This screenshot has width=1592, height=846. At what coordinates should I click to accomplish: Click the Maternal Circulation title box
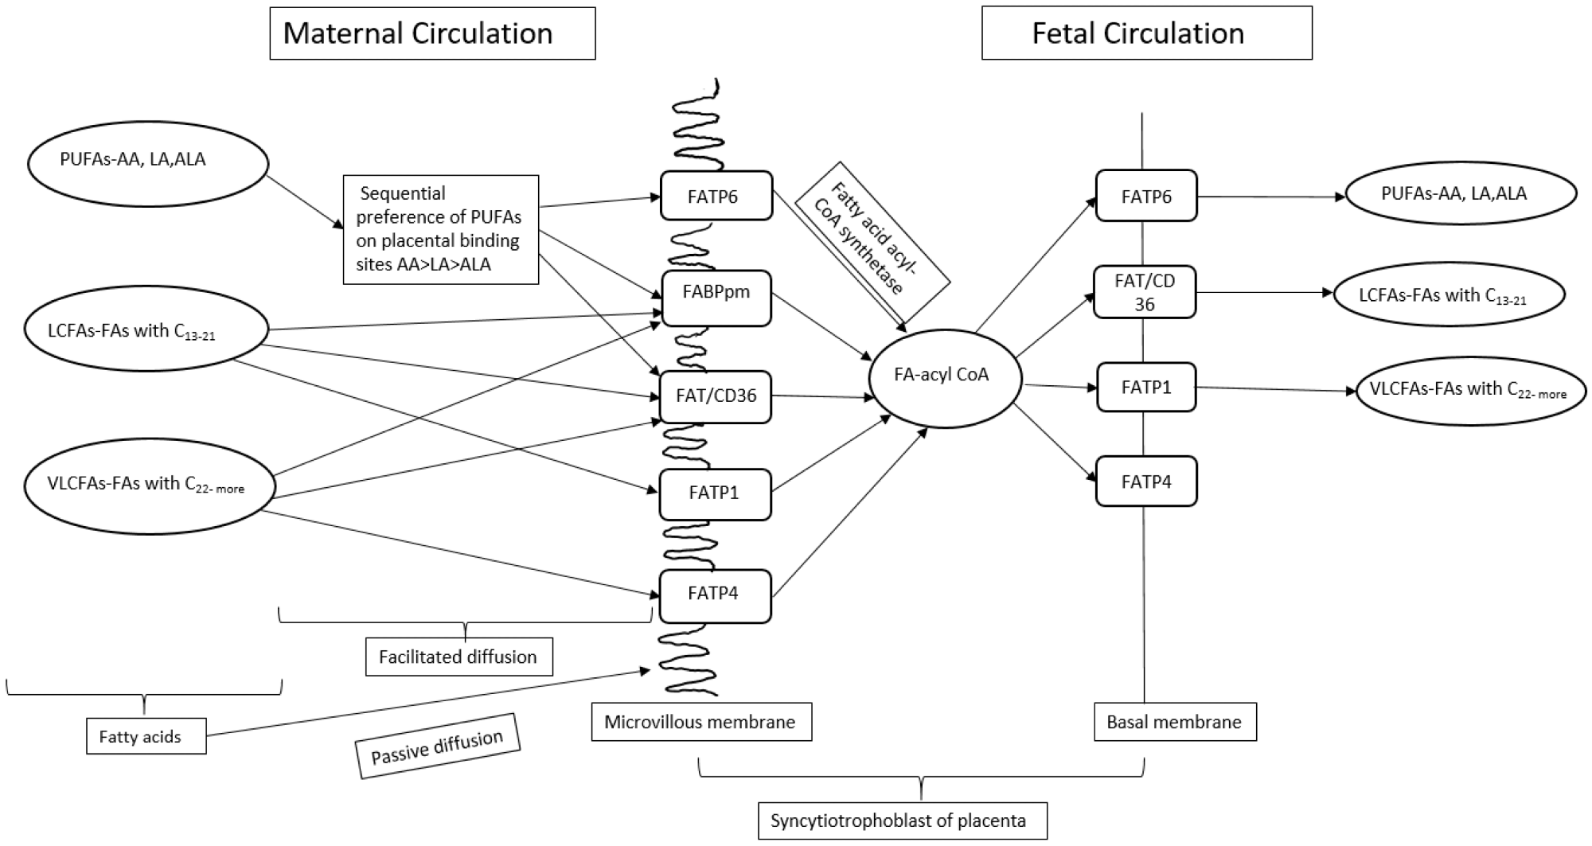pyautogui.click(x=432, y=33)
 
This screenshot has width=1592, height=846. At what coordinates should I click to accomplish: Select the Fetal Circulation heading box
pyautogui.click(x=1146, y=33)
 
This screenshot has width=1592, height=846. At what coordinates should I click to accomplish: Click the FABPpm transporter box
pyautogui.click(x=716, y=298)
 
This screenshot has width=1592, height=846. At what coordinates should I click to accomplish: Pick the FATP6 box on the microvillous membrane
pyautogui.click(x=716, y=196)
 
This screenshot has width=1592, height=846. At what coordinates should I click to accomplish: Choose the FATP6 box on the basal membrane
pyautogui.click(x=1146, y=196)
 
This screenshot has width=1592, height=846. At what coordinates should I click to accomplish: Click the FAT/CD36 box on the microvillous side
pyautogui.click(x=716, y=396)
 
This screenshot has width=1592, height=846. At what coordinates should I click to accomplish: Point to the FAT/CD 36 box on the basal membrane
pyautogui.click(x=1145, y=292)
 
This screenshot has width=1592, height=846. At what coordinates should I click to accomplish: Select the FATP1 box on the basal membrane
pyautogui.click(x=1146, y=388)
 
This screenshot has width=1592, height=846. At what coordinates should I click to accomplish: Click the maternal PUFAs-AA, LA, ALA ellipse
pyautogui.click(x=148, y=162)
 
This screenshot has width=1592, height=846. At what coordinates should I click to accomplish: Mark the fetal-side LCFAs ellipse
pyautogui.click(x=1449, y=294)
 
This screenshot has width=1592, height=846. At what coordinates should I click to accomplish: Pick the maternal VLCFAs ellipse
pyautogui.click(x=150, y=485)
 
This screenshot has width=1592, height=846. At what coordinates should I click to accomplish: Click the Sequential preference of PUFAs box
pyautogui.click(x=441, y=229)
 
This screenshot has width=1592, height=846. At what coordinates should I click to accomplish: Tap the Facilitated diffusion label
pyautogui.click(x=458, y=657)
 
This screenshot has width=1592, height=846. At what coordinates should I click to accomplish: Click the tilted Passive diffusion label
pyautogui.click(x=438, y=746)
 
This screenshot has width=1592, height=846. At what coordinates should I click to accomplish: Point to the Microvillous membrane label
pyautogui.click(x=700, y=722)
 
